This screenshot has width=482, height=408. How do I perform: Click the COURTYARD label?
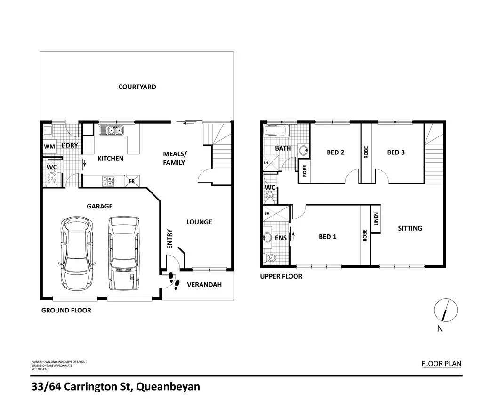click(x=137, y=87)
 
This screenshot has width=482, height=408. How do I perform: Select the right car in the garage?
click(x=124, y=253)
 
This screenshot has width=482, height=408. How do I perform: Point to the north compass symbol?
click(x=445, y=310)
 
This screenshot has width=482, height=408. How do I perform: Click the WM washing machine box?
click(x=49, y=147)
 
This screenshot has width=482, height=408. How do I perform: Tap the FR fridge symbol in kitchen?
click(x=132, y=181)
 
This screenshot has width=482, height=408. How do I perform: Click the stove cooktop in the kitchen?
click(x=108, y=180)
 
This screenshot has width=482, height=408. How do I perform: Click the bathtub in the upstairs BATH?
click(x=276, y=131)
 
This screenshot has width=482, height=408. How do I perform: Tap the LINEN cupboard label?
click(x=376, y=219)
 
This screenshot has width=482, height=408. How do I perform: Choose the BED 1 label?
click(x=328, y=237)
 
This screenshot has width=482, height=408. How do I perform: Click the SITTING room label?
click(x=410, y=228)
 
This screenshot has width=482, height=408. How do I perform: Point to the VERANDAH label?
click(x=204, y=285)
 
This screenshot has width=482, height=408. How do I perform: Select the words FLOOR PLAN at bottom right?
click(x=441, y=363)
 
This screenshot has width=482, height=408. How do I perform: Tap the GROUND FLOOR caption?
click(x=66, y=310)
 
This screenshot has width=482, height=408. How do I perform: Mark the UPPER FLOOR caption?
click(x=281, y=276)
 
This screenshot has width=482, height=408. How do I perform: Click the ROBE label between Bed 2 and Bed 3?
click(x=366, y=152)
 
